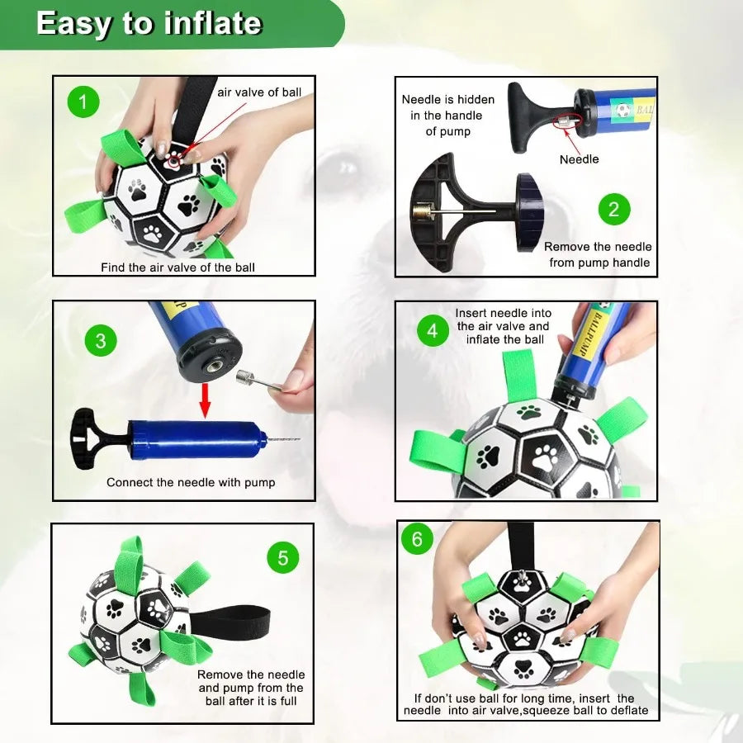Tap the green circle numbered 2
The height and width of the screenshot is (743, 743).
tap(613, 209)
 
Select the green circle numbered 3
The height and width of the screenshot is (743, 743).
tap(101, 341)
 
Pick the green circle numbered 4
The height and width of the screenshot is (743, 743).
tap(433, 331)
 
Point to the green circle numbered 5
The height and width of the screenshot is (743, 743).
tap(282, 558)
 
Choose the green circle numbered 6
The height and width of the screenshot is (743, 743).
tap(417, 539)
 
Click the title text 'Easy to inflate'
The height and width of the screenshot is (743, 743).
tap(149, 23)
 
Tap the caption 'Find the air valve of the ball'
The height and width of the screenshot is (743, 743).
tap(177, 267)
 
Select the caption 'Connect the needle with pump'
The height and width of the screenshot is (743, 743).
tap(191, 482)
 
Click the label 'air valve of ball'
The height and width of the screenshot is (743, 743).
tap(259, 92)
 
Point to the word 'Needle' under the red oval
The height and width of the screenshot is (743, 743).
tap(579, 159)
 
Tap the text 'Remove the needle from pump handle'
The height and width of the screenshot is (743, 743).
tap(598, 254)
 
